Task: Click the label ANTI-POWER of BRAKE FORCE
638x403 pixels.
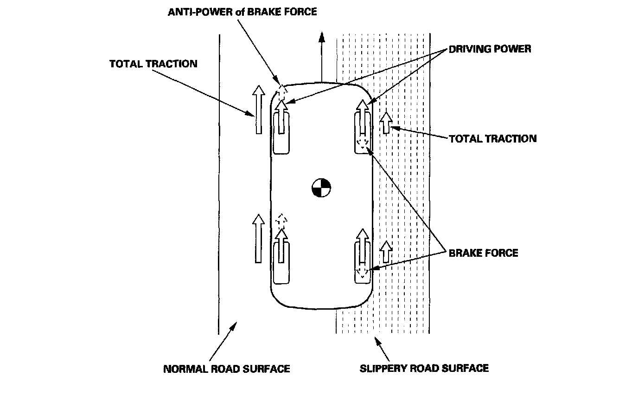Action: (242, 12)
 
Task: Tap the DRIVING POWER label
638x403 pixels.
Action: (490, 49)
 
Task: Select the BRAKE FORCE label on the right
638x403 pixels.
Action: (483, 253)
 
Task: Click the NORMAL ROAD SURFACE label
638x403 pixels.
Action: (226, 369)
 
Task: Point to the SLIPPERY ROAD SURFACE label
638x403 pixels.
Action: (424, 368)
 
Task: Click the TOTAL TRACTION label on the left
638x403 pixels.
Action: (153, 64)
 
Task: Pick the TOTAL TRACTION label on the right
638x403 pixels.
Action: (493, 139)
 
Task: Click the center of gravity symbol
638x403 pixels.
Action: (321, 188)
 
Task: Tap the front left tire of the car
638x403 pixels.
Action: (281, 133)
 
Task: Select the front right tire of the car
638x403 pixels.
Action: (363, 133)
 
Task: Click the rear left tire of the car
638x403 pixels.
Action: (281, 263)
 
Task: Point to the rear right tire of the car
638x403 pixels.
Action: (363, 263)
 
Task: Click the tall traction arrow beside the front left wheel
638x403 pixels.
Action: (259, 110)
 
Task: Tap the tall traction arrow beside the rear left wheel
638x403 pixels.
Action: (258, 239)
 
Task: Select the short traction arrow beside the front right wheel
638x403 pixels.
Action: (386, 123)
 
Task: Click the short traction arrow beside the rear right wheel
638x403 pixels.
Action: (386, 252)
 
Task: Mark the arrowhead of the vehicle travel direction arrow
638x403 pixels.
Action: (322, 37)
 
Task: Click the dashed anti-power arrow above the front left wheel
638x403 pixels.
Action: (282, 92)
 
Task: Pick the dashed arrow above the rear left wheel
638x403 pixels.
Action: (281, 221)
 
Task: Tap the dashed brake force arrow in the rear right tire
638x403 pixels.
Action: (362, 272)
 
